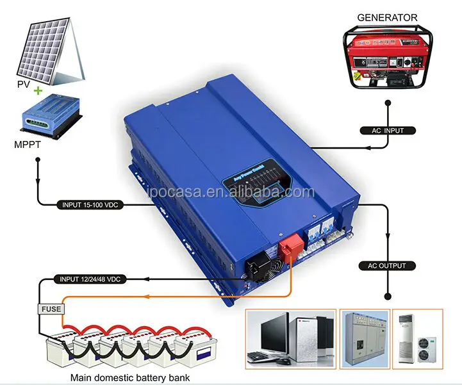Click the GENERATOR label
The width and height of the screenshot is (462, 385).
click(387, 17)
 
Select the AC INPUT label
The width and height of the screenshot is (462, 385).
click(388, 131)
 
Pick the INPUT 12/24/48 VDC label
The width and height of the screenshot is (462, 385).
click(90, 280)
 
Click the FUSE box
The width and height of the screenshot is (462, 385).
click(51, 309)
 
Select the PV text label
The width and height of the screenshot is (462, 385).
click(24, 83)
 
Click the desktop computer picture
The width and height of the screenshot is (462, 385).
click(292, 337)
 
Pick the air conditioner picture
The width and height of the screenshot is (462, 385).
click(417, 337)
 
